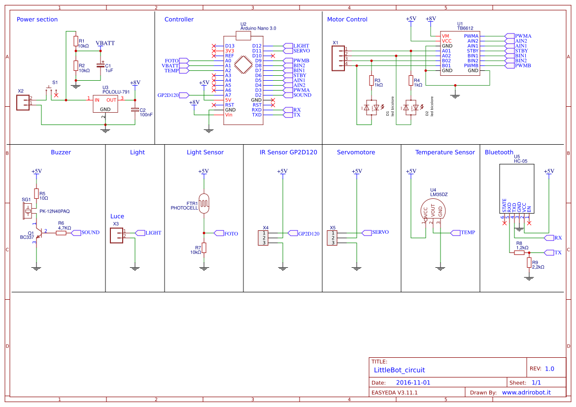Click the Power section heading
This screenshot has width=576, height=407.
pos(37,20)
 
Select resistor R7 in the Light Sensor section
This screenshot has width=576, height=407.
pos(204,248)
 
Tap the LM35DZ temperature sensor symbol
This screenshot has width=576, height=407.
pos(433,210)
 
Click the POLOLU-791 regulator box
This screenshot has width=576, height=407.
pos(105,104)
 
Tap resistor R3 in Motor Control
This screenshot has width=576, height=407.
pos(371,81)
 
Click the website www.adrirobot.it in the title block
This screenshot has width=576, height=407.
pos(526,392)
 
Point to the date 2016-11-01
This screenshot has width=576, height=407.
pos(413,382)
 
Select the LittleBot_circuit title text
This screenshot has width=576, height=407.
pos(399,370)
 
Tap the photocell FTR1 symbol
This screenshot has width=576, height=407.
pos(204,202)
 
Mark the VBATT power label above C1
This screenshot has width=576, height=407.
pos(105,43)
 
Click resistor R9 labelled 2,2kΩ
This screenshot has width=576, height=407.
pos(529,263)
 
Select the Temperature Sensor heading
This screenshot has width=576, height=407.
pos(444,152)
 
